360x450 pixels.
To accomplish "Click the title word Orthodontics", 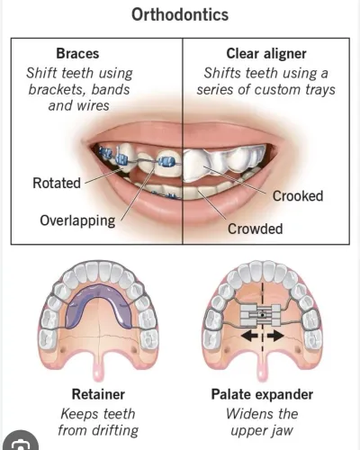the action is (180, 14).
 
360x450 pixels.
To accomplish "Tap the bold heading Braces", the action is (77, 54).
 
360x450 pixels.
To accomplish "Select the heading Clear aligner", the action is (266, 54).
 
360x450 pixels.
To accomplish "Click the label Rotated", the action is (57, 183).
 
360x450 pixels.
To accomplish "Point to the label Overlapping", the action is (77, 220).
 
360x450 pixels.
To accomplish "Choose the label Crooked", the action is (298, 196).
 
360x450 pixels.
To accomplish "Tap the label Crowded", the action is (256, 229).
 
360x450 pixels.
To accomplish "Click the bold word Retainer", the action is (98, 394).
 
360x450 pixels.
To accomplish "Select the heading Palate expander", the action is (262, 394).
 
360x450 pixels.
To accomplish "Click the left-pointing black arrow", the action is (249, 336).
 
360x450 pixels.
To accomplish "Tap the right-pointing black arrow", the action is (275, 336).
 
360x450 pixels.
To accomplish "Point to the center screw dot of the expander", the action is (263, 315).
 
